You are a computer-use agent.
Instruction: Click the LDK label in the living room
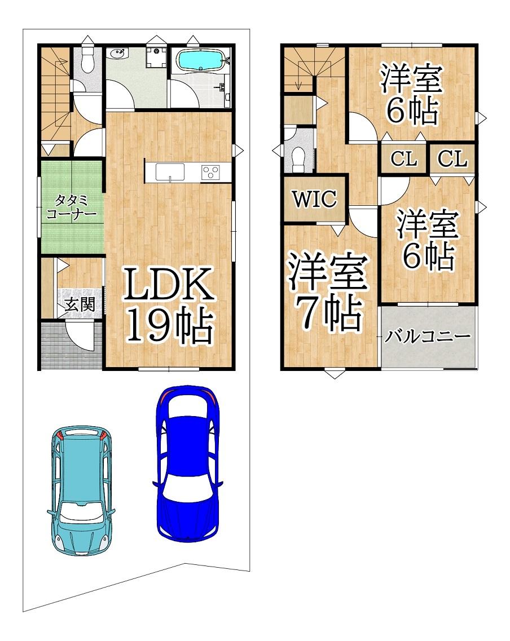click(x=169, y=284)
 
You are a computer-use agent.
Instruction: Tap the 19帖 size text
click(x=170, y=324)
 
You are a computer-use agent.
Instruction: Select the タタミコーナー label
click(x=72, y=207)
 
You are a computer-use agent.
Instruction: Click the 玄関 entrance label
click(x=80, y=304)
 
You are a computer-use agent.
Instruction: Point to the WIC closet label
click(x=314, y=199)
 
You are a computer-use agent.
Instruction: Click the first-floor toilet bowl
click(x=87, y=61)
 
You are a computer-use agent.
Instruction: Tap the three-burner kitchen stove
click(x=210, y=172)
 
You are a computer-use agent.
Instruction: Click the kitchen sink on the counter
click(x=170, y=171)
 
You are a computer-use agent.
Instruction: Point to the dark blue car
click(x=188, y=464)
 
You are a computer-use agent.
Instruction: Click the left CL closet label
click(x=404, y=158)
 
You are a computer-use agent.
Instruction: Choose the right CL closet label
click(x=452, y=158)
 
